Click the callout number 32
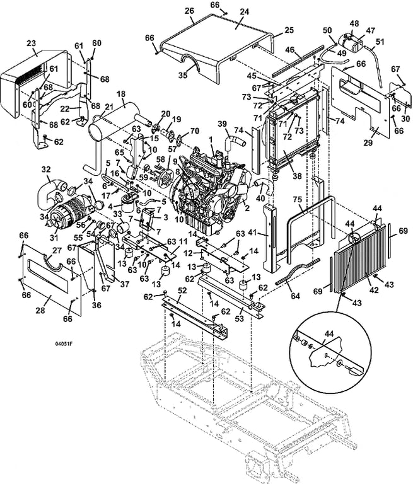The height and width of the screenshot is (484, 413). [46, 169]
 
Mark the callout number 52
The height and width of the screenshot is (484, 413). [182, 291]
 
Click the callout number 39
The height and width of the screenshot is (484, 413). [222, 125]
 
